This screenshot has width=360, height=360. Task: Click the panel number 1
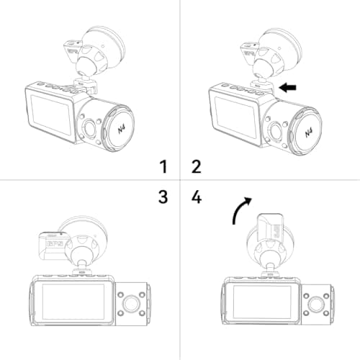pyautogui.click(x=163, y=167)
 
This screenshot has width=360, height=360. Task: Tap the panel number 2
pyautogui.click(x=196, y=167)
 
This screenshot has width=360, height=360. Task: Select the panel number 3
pyautogui.click(x=163, y=196)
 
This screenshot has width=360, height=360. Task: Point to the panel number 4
pyautogui.click(x=196, y=196)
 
